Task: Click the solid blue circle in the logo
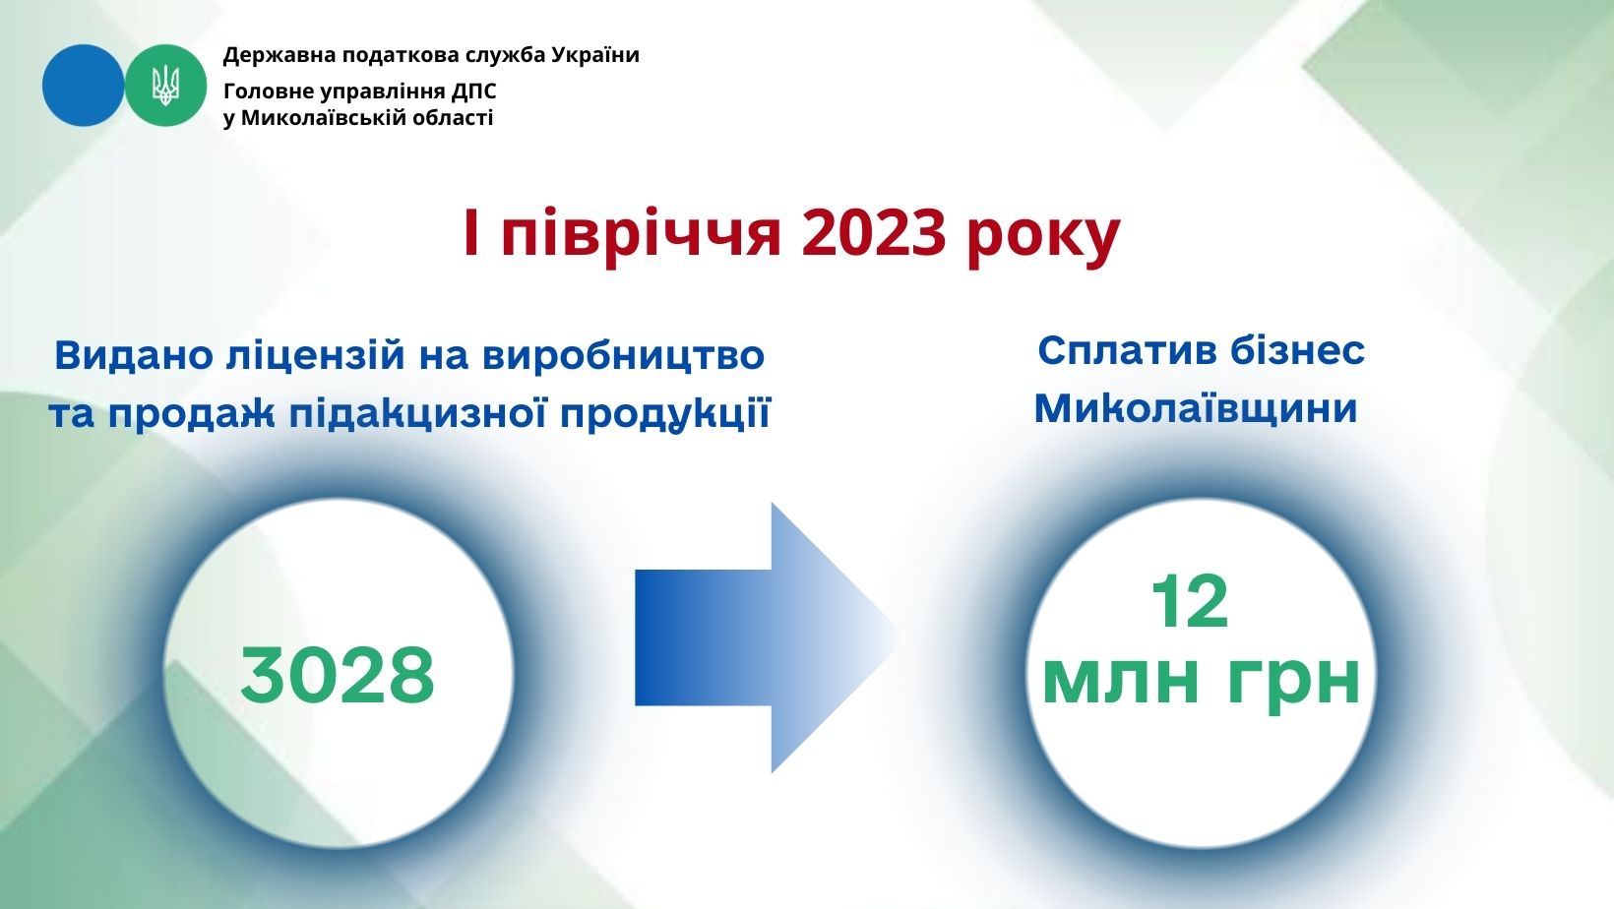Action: (83, 85)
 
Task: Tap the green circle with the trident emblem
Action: (165, 85)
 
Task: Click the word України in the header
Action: (595, 55)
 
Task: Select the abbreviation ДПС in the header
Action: (474, 91)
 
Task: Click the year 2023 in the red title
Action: (873, 232)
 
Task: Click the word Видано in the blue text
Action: (133, 355)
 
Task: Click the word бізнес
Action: (1298, 351)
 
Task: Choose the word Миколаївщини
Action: (1196, 408)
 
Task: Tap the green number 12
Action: (1190, 602)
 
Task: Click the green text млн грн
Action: (1201, 683)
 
